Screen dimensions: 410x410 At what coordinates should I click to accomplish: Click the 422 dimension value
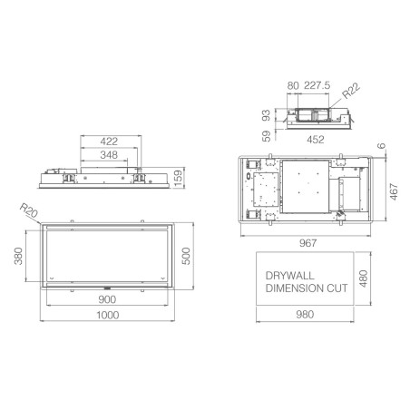pos(109,142)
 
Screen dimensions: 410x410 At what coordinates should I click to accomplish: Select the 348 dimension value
pos(109,155)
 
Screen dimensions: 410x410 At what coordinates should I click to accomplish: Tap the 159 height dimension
pos(179,178)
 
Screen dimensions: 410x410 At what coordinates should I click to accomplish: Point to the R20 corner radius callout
pos(29,210)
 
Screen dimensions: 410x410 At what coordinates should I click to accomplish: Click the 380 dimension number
pos(18,256)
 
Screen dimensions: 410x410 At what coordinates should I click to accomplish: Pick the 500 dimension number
pos(186,256)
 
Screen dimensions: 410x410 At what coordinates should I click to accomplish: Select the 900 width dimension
pos(107,299)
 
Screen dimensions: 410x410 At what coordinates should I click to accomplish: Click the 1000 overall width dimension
pos(107,315)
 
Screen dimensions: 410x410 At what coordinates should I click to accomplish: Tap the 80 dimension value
pos(293,85)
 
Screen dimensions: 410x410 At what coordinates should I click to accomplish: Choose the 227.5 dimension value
pos(317,85)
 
